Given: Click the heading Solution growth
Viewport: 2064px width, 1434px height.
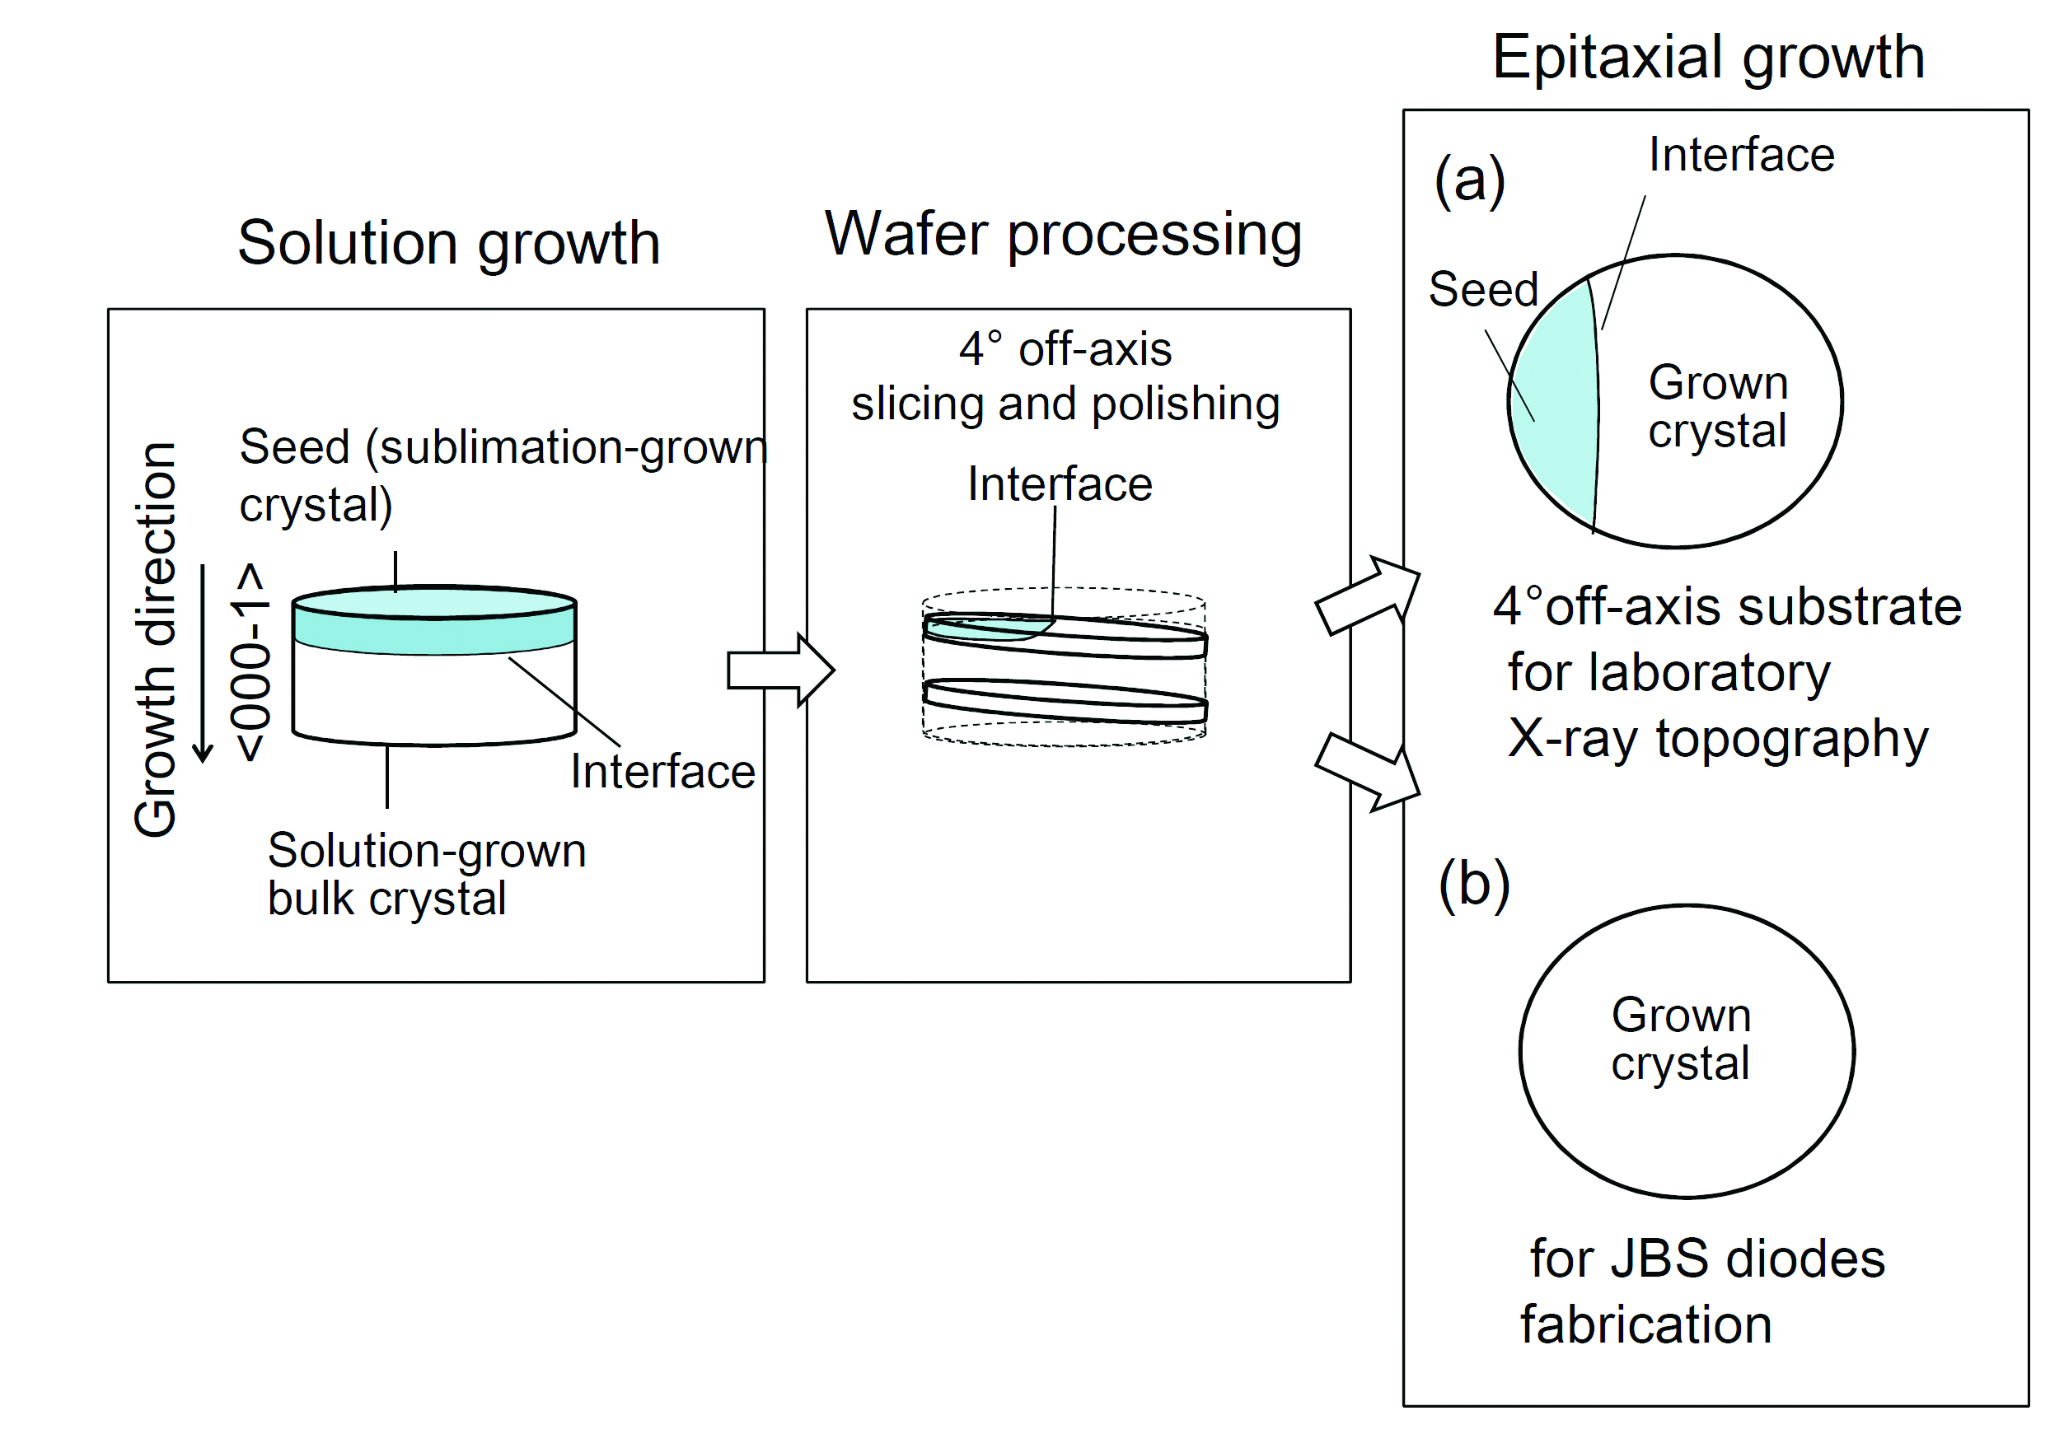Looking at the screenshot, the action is click(448, 245).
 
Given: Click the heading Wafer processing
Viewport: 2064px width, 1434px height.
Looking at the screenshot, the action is click(1063, 235).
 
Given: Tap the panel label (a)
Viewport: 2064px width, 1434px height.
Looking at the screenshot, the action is click(1469, 180).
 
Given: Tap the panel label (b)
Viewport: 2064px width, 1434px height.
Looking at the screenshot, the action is click(1474, 884).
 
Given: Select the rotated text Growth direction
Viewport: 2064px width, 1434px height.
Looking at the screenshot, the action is click(155, 640).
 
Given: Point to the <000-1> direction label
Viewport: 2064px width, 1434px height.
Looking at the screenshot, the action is click(249, 663).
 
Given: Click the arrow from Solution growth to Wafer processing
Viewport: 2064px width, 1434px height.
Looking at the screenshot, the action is click(781, 670).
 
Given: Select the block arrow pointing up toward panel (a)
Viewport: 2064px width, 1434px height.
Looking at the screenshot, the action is click(1368, 595).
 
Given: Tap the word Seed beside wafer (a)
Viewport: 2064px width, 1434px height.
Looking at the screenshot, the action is click(1484, 289).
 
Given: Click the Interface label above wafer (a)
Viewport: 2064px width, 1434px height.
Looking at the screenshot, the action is click(1741, 155).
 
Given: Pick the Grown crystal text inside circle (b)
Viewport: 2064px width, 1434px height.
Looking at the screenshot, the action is click(1680, 1039).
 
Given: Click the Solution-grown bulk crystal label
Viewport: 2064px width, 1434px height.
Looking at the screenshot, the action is click(427, 874).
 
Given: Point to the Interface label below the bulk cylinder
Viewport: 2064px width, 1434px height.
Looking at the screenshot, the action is click(663, 772).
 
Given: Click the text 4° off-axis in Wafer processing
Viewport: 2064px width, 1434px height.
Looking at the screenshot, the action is click(1065, 348).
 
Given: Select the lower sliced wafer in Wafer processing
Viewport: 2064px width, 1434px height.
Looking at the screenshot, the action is click(1065, 701).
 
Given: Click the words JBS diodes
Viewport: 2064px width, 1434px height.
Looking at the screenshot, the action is click(1748, 1259).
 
